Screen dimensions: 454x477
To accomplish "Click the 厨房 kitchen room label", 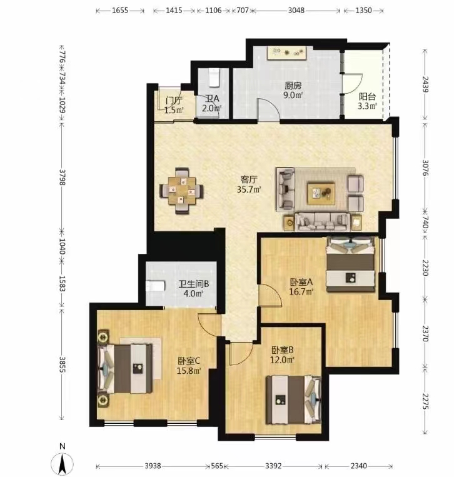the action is pyautogui.click(x=293, y=86).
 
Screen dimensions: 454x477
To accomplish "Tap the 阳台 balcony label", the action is pyautogui.click(x=367, y=97).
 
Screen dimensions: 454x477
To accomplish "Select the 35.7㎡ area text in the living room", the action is pyautogui.click(x=250, y=189).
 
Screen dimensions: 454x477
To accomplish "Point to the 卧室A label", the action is pyautogui.click(x=301, y=283).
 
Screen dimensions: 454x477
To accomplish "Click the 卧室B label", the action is pyautogui.click(x=283, y=350).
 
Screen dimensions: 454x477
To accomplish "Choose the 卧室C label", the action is pyautogui.click(x=189, y=361).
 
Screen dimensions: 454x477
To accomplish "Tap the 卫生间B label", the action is pyautogui.click(x=193, y=284).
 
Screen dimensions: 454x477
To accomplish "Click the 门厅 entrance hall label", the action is pyautogui.click(x=174, y=100).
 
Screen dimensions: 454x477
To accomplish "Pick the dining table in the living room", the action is pyautogui.click(x=181, y=191).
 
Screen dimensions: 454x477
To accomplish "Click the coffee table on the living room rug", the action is pyautogui.click(x=321, y=193).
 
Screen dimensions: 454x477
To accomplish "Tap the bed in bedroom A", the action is pyautogui.click(x=350, y=264).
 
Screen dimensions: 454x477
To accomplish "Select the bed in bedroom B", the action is pyautogui.click(x=294, y=399).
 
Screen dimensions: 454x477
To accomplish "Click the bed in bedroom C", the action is pyautogui.click(x=125, y=368).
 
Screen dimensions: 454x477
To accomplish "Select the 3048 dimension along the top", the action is pyautogui.click(x=296, y=11).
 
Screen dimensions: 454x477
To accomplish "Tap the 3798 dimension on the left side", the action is pyautogui.click(x=62, y=177).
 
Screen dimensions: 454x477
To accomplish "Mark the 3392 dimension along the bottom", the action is pyautogui.click(x=273, y=466).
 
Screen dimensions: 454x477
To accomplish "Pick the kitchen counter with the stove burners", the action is pyautogui.click(x=286, y=53).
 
